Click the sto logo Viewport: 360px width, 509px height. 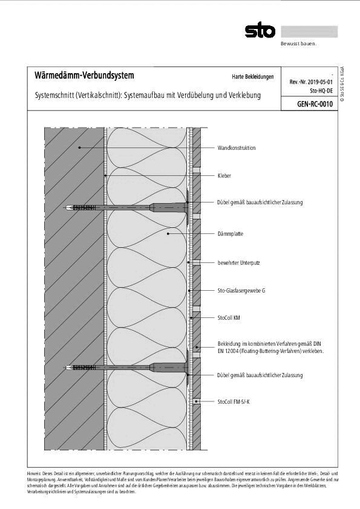pyautogui.click(x=260, y=31)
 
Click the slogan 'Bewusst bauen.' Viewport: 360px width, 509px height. pyautogui.click(x=298, y=44)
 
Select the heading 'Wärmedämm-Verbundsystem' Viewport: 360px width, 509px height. pyautogui.click(x=80, y=76)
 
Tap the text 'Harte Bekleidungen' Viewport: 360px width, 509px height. pyautogui.click(x=252, y=77)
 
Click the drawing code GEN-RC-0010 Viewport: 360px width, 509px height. pyautogui.click(x=315, y=104)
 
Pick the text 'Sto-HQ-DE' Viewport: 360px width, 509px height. pyautogui.click(x=321, y=90)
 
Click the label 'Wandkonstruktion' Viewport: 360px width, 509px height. pyautogui.click(x=237, y=148)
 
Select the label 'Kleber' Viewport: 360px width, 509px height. pyautogui.click(x=224, y=175)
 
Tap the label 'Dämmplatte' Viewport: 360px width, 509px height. pyautogui.click(x=230, y=233)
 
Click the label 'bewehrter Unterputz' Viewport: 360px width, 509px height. pyautogui.click(x=238, y=262)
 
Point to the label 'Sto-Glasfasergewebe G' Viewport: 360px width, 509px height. pyautogui.click(x=241, y=291)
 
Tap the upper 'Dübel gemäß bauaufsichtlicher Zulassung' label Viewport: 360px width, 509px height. pyautogui.click(x=260, y=203)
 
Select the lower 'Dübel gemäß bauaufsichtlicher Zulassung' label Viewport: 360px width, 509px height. pyautogui.click(x=260, y=375)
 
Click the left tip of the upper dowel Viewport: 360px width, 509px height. pyautogui.click(x=67, y=208)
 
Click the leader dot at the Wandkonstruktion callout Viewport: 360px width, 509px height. pyautogui.click(x=78, y=148)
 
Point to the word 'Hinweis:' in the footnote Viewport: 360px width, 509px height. pyautogui.click(x=34, y=473)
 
